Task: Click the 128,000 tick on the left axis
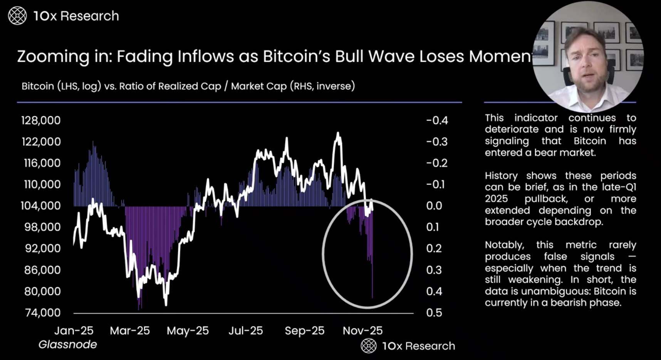coord(41,120)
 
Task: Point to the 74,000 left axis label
coord(43,312)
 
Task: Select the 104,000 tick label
coord(40,205)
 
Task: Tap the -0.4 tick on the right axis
coord(437,120)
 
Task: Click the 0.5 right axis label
coord(434,312)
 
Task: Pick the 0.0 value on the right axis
coord(434,205)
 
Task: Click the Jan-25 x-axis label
coord(74,330)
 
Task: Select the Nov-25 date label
coord(362,330)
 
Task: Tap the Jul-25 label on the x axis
coord(245,330)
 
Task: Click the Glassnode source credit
coord(67,344)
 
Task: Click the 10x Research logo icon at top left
coord(17,16)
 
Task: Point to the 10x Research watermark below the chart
coord(408,346)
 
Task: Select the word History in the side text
coord(501,176)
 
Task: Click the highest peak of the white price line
coord(338,133)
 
